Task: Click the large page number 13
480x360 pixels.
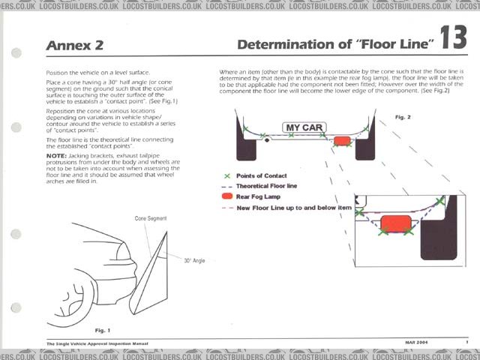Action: (x=455, y=40)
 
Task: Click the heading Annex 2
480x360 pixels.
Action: (x=75, y=45)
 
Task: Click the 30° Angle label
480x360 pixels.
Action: (x=196, y=261)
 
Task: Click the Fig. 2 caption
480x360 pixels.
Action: (x=403, y=118)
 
